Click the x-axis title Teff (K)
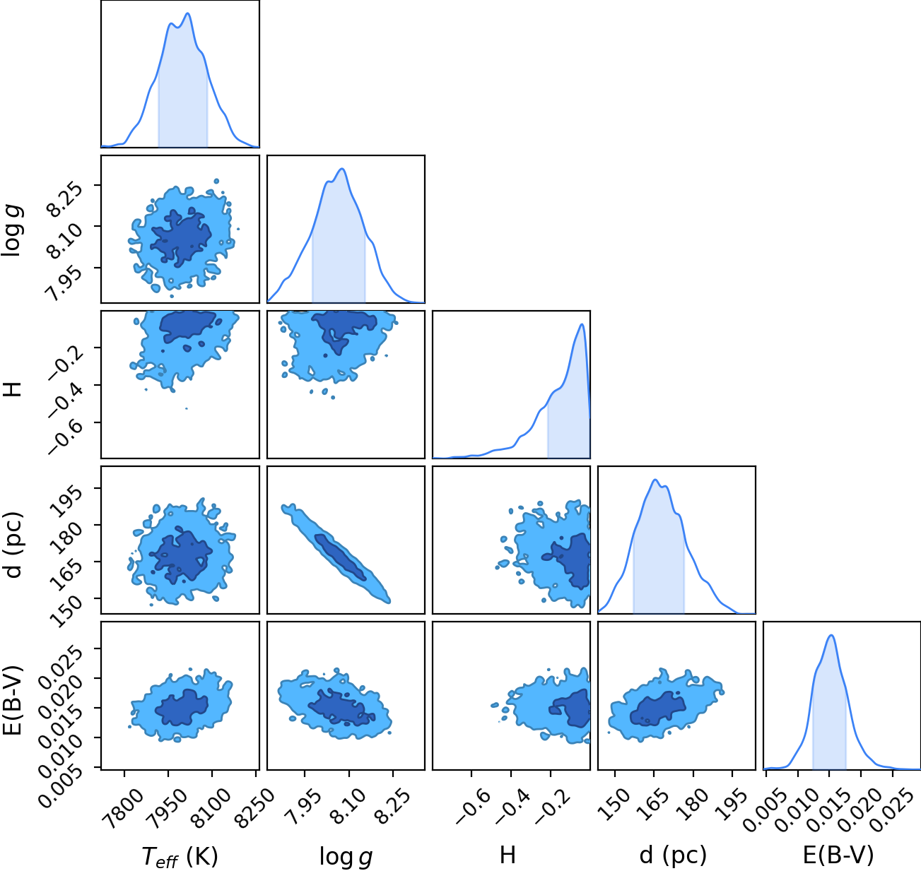[x=180, y=856]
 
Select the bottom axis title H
[x=508, y=855]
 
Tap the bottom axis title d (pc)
[x=673, y=856]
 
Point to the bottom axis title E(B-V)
[x=838, y=856]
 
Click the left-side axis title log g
[x=13, y=230]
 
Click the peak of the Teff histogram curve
[x=187, y=13]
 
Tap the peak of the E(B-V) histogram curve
[x=831, y=635]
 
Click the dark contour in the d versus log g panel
[x=340, y=557]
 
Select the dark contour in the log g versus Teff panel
[x=181, y=238]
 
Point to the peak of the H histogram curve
[x=582, y=324]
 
